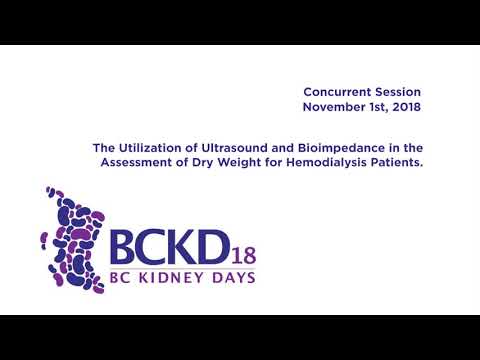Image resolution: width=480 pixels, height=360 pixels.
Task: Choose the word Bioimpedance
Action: [x=347, y=145]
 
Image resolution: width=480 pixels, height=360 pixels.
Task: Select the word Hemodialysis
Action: [x=323, y=160]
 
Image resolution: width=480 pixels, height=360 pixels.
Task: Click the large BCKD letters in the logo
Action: [x=166, y=246]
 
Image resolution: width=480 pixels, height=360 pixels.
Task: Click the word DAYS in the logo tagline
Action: [x=233, y=276]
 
